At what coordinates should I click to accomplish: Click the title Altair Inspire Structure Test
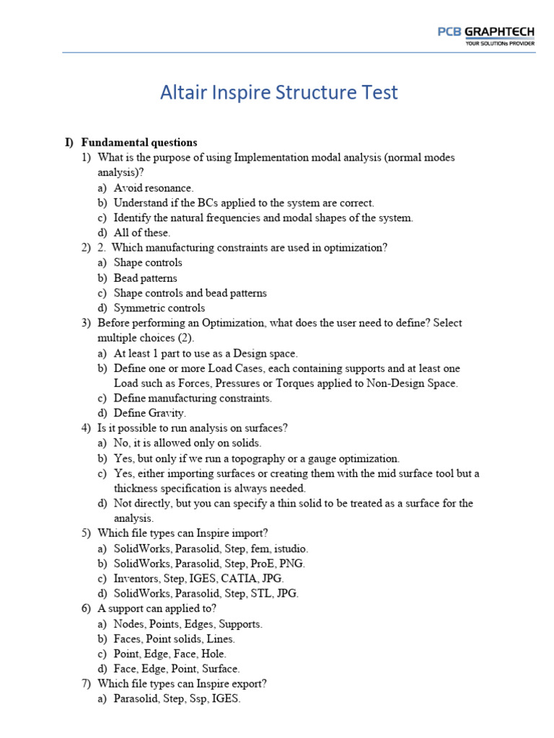pyautogui.click(x=278, y=93)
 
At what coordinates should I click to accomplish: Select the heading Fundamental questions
pyautogui.click(x=138, y=143)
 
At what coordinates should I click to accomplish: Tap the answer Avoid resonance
pyautogui.click(x=153, y=187)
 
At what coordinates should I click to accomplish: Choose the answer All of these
pyautogui.click(x=141, y=233)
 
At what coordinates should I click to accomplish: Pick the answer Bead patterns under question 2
pyautogui.click(x=145, y=278)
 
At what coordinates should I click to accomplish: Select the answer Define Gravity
pyautogui.click(x=149, y=413)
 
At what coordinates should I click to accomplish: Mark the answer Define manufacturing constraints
pyautogui.click(x=193, y=398)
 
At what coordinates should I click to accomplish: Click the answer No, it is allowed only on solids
pyautogui.click(x=187, y=443)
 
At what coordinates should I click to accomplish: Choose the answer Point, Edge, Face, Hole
pyautogui.click(x=170, y=654)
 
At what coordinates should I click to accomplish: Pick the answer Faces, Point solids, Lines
pyautogui.click(x=174, y=639)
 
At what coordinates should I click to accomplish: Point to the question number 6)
pyautogui.click(x=86, y=608)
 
